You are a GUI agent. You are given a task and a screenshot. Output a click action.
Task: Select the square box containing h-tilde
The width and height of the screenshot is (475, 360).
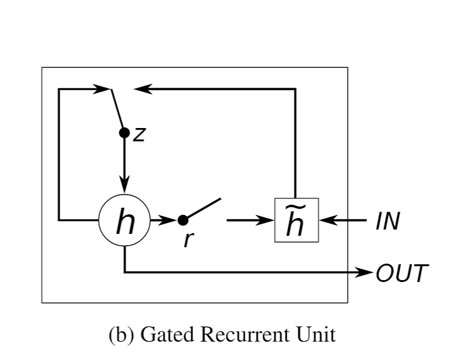(x=296, y=221)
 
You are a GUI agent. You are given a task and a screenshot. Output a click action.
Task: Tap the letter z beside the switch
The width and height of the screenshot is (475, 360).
(x=139, y=134)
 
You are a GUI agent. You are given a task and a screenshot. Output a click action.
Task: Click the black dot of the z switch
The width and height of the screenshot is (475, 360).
(x=124, y=133)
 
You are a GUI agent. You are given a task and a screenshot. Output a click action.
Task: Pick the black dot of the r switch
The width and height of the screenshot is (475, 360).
(x=183, y=221)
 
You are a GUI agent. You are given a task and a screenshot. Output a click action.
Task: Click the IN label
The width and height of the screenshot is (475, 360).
(x=388, y=222)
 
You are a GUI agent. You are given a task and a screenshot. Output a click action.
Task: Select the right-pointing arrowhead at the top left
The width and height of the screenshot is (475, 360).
(x=102, y=89)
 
